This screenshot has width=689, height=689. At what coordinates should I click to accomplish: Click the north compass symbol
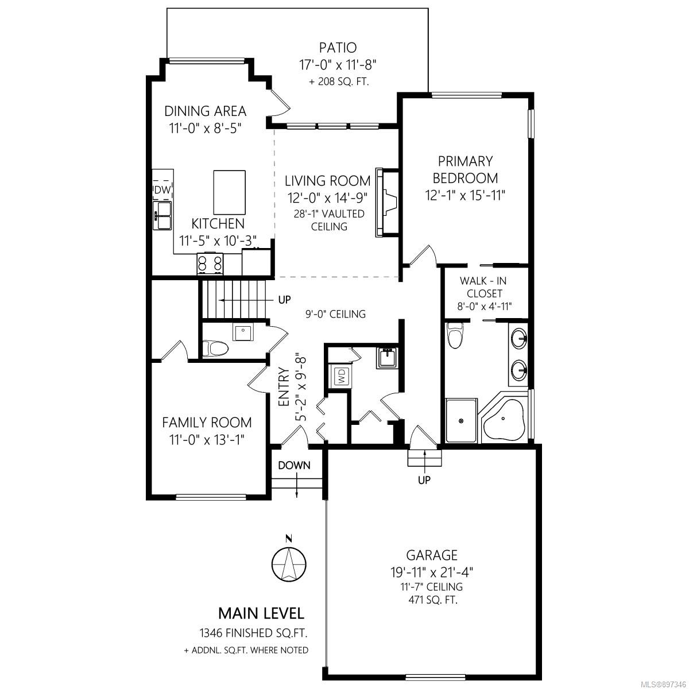point(289,565)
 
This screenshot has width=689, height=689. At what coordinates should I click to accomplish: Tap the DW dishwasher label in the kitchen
point(162,189)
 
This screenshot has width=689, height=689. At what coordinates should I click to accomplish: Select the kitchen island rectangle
point(230,192)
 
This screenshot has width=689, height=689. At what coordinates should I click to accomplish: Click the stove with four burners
point(210,264)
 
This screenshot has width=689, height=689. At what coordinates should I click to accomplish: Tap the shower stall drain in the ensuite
point(461,420)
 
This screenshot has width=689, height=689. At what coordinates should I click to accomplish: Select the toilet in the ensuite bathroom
point(455,335)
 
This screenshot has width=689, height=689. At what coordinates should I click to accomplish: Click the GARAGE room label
point(432,555)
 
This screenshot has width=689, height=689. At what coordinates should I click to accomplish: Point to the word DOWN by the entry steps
point(294,465)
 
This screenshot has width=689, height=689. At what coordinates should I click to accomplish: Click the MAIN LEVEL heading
point(261,613)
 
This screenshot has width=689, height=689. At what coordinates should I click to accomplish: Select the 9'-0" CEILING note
point(335,314)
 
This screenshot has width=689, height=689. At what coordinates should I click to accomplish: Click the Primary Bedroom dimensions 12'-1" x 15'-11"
point(465,195)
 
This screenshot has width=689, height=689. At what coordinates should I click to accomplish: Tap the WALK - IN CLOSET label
point(483,287)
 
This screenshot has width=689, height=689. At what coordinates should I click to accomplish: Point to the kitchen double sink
point(162,215)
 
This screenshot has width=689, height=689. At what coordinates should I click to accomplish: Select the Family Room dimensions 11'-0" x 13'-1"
point(207,439)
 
